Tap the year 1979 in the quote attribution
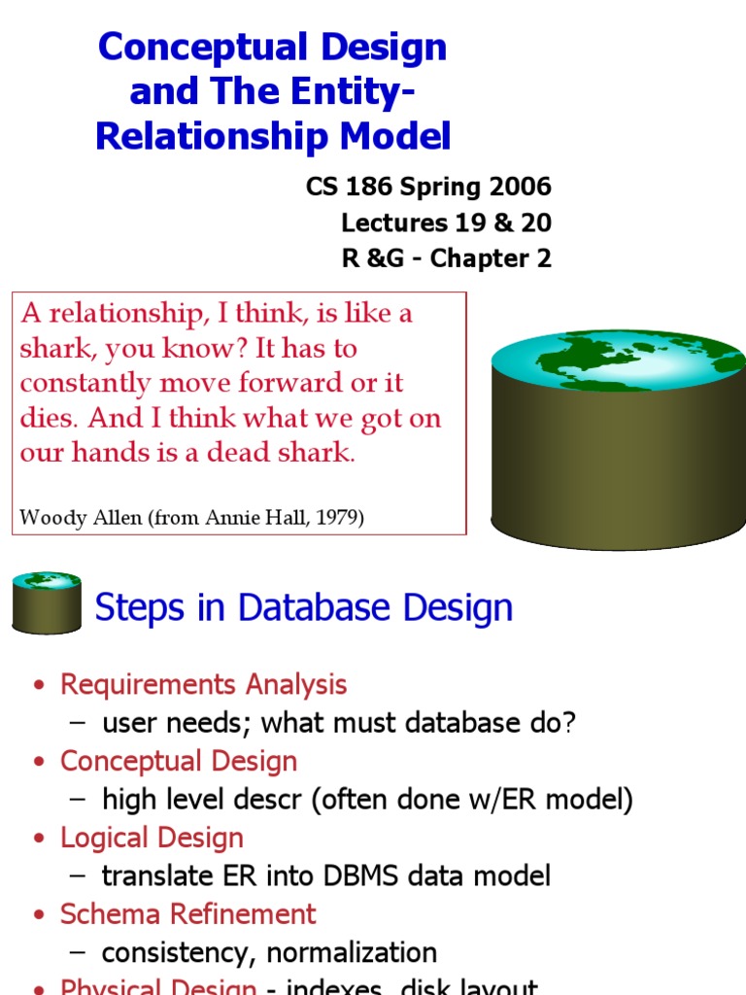pyautogui.click(x=336, y=518)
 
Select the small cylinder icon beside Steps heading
pyautogui.click(x=46, y=602)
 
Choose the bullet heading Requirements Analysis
pyautogui.click(x=203, y=684)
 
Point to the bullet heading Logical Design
pyautogui.click(x=152, y=838)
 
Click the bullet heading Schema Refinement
pyautogui.click(x=187, y=914)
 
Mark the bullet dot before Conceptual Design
pyautogui.click(x=40, y=763)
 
